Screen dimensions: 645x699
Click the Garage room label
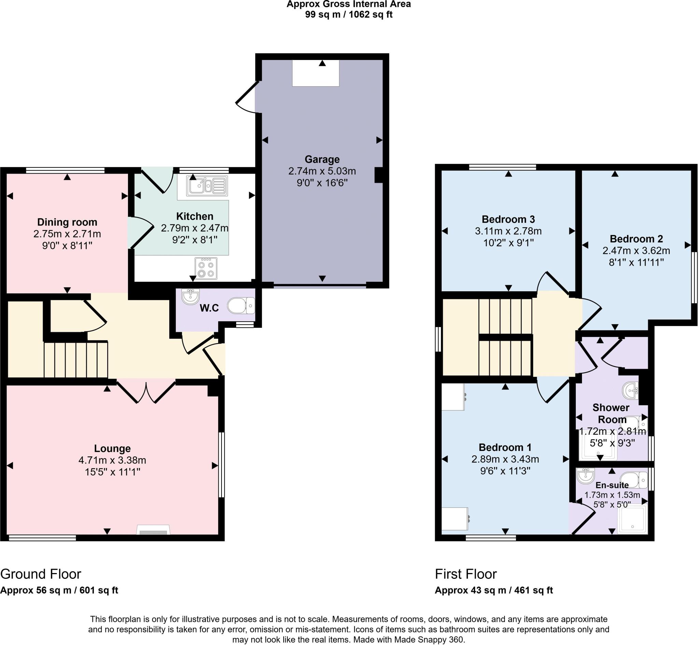coord(322,160)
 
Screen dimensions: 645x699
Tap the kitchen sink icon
coord(207,186)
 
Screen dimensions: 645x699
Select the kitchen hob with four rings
coord(206,269)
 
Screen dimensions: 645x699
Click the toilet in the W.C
coord(241,306)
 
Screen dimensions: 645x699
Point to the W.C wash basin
coord(190,297)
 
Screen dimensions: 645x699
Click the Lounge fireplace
coord(153,530)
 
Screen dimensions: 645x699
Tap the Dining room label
coord(67,222)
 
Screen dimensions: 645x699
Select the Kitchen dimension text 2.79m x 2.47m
coord(195,228)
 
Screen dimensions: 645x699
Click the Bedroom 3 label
coord(508,219)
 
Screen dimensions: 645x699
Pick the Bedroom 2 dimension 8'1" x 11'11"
coord(636,262)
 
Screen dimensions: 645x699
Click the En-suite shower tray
coord(632,519)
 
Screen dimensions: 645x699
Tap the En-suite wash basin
coord(585,476)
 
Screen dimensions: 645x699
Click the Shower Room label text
coord(611,413)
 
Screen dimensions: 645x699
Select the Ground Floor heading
coord(41,574)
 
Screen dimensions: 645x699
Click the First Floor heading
coord(466,574)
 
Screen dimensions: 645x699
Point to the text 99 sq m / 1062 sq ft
coord(348,15)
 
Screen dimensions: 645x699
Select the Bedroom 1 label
coord(505,448)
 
